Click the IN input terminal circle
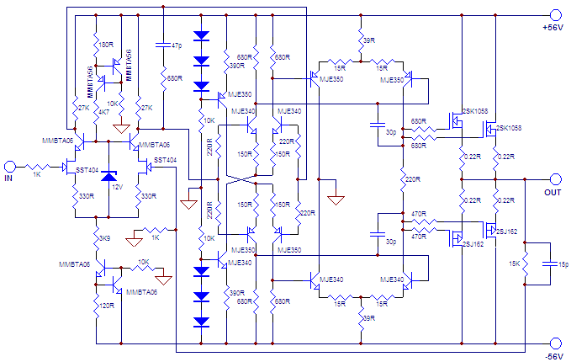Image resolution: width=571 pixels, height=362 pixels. (x=10, y=167)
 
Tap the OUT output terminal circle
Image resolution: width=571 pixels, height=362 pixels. (x=555, y=178)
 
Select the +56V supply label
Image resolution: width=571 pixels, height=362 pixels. (x=555, y=28)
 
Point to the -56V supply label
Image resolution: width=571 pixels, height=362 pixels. (x=554, y=356)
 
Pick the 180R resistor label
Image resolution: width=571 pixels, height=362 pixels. (x=106, y=44)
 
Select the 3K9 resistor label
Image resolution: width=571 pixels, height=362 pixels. (x=104, y=239)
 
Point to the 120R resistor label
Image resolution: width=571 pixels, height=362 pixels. (x=106, y=307)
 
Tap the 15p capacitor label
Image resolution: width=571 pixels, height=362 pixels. (x=561, y=264)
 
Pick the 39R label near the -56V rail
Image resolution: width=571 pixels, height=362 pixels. (x=368, y=318)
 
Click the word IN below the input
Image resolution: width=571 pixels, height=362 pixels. (x=10, y=179)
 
